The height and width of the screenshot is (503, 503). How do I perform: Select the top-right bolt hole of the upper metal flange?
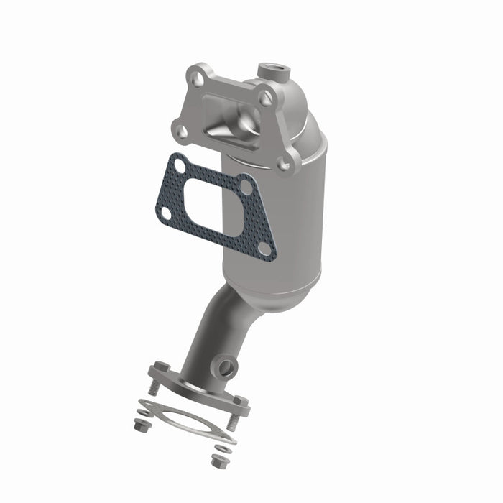tap(267, 96)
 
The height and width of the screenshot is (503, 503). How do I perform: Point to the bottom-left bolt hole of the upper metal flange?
tap(180, 130)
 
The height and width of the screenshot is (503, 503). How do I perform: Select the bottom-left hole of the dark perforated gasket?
tap(165, 213)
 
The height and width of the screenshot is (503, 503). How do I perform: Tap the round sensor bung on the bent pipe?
tap(228, 367)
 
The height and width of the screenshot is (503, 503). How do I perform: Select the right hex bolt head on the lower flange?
tap(241, 401)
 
